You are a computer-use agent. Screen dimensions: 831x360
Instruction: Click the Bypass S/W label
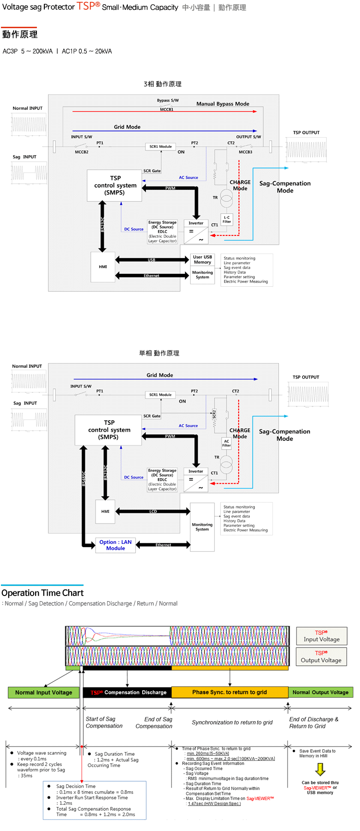(x=168, y=100)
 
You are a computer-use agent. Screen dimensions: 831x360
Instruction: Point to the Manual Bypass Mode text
(x=222, y=104)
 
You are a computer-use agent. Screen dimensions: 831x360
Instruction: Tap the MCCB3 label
(x=245, y=152)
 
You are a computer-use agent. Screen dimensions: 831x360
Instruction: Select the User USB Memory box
(x=203, y=259)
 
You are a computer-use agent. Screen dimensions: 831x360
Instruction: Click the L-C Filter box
(x=227, y=219)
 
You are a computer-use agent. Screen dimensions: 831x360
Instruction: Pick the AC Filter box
(x=226, y=443)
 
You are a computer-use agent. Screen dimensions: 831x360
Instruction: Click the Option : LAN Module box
(x=115, y=545)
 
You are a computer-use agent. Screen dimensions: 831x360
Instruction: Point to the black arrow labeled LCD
(x=153, y=511)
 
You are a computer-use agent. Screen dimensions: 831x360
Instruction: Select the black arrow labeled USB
(x=152, y=260)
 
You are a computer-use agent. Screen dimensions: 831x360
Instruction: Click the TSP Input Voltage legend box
(x=321, y=636)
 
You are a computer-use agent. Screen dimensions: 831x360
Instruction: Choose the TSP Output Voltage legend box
(x=321, y=656)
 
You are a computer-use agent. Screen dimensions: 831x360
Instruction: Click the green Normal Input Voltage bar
(x=43, y=692)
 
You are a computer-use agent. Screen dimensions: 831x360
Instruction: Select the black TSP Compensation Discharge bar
(x=127, y=692)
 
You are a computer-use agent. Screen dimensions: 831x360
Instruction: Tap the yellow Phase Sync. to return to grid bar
(x=229, y=692)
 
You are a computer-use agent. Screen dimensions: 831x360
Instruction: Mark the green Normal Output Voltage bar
(x=320, y=692)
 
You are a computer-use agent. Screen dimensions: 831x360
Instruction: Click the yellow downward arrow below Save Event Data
(x=320, y=769)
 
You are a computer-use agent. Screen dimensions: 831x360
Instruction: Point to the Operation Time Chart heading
(x=42, y=593)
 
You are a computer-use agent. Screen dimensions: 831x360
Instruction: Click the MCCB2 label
(x=81, y=152)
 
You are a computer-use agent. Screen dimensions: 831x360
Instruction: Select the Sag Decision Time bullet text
(x=76, y=786)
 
